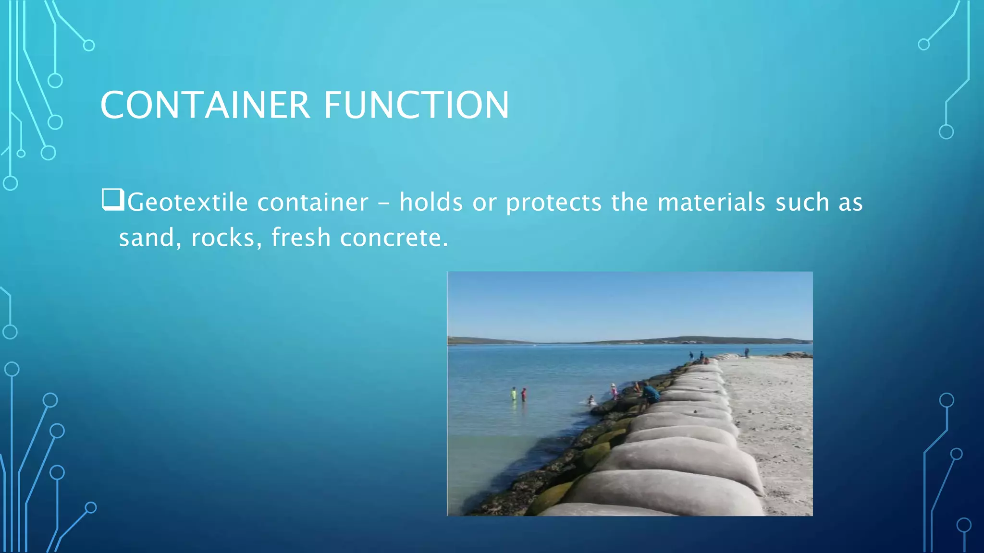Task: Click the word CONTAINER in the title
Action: (205, 105)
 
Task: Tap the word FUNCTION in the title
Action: (416, 105)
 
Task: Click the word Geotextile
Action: (187, 202)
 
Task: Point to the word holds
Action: (431, 202)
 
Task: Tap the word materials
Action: (711, 202)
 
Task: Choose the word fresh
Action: (301, 238)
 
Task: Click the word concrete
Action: (394, 238)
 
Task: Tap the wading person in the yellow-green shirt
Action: (514, 394)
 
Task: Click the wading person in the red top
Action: (524, 394)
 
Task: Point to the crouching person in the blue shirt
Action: (650, 393)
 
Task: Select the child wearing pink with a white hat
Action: (614, 391)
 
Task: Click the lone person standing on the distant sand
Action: (747, 352)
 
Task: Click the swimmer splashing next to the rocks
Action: (591, 400)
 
